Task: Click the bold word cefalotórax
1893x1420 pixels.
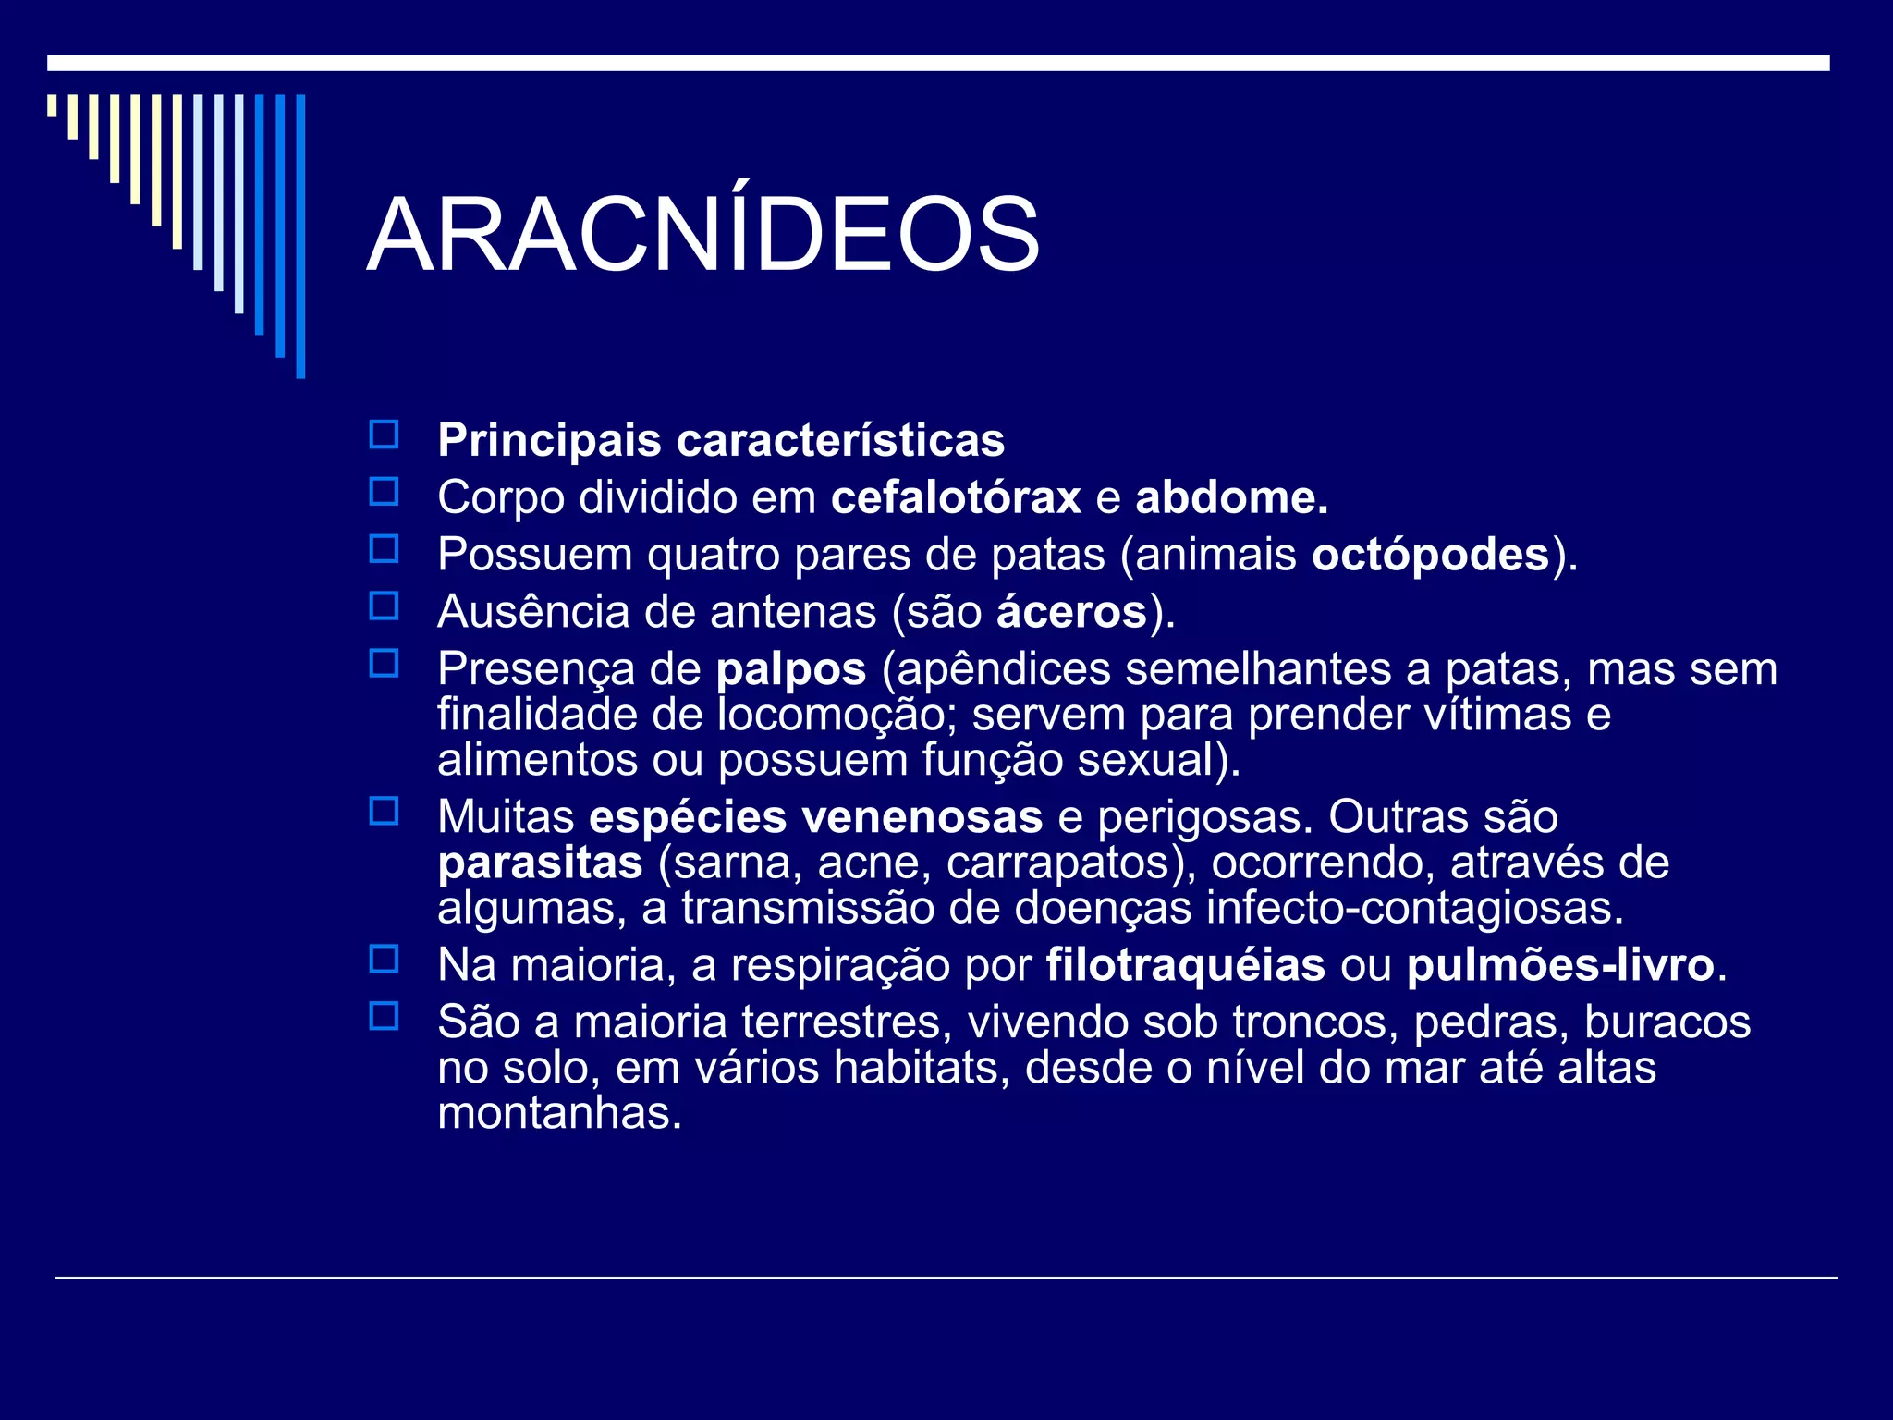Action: coord(956,498)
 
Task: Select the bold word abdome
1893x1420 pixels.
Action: coord(1231,498)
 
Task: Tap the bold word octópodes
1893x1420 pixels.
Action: coord(1430,556)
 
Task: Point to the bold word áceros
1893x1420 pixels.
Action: coord(1071,613)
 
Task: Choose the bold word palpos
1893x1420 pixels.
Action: coord(791,669)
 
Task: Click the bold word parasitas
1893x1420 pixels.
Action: coord(540,863)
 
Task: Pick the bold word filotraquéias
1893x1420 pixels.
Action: coord(1186,966)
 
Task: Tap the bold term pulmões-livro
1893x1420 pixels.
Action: coord(1560,966)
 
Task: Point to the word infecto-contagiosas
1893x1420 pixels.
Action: coord(1414,909)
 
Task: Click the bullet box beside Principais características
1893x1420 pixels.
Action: coord(384,435)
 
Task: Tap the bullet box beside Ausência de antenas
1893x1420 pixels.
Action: coord(384,606)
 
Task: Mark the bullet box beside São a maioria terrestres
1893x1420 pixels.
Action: coord(384,1017)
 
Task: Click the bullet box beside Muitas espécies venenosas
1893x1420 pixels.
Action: coord(384,812)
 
